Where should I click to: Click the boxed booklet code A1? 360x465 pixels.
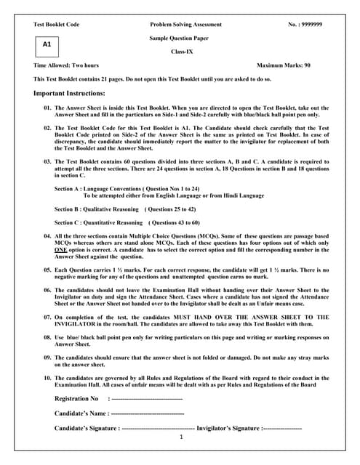pyautogui.click(x=47, y=45)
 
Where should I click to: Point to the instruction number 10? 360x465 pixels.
pyautogui.click(x=47, y=379)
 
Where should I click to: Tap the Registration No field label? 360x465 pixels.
pyautogui.click(x=76, y=399)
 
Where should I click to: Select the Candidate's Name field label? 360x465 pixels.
pyautogui.click(x=81, y=413)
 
